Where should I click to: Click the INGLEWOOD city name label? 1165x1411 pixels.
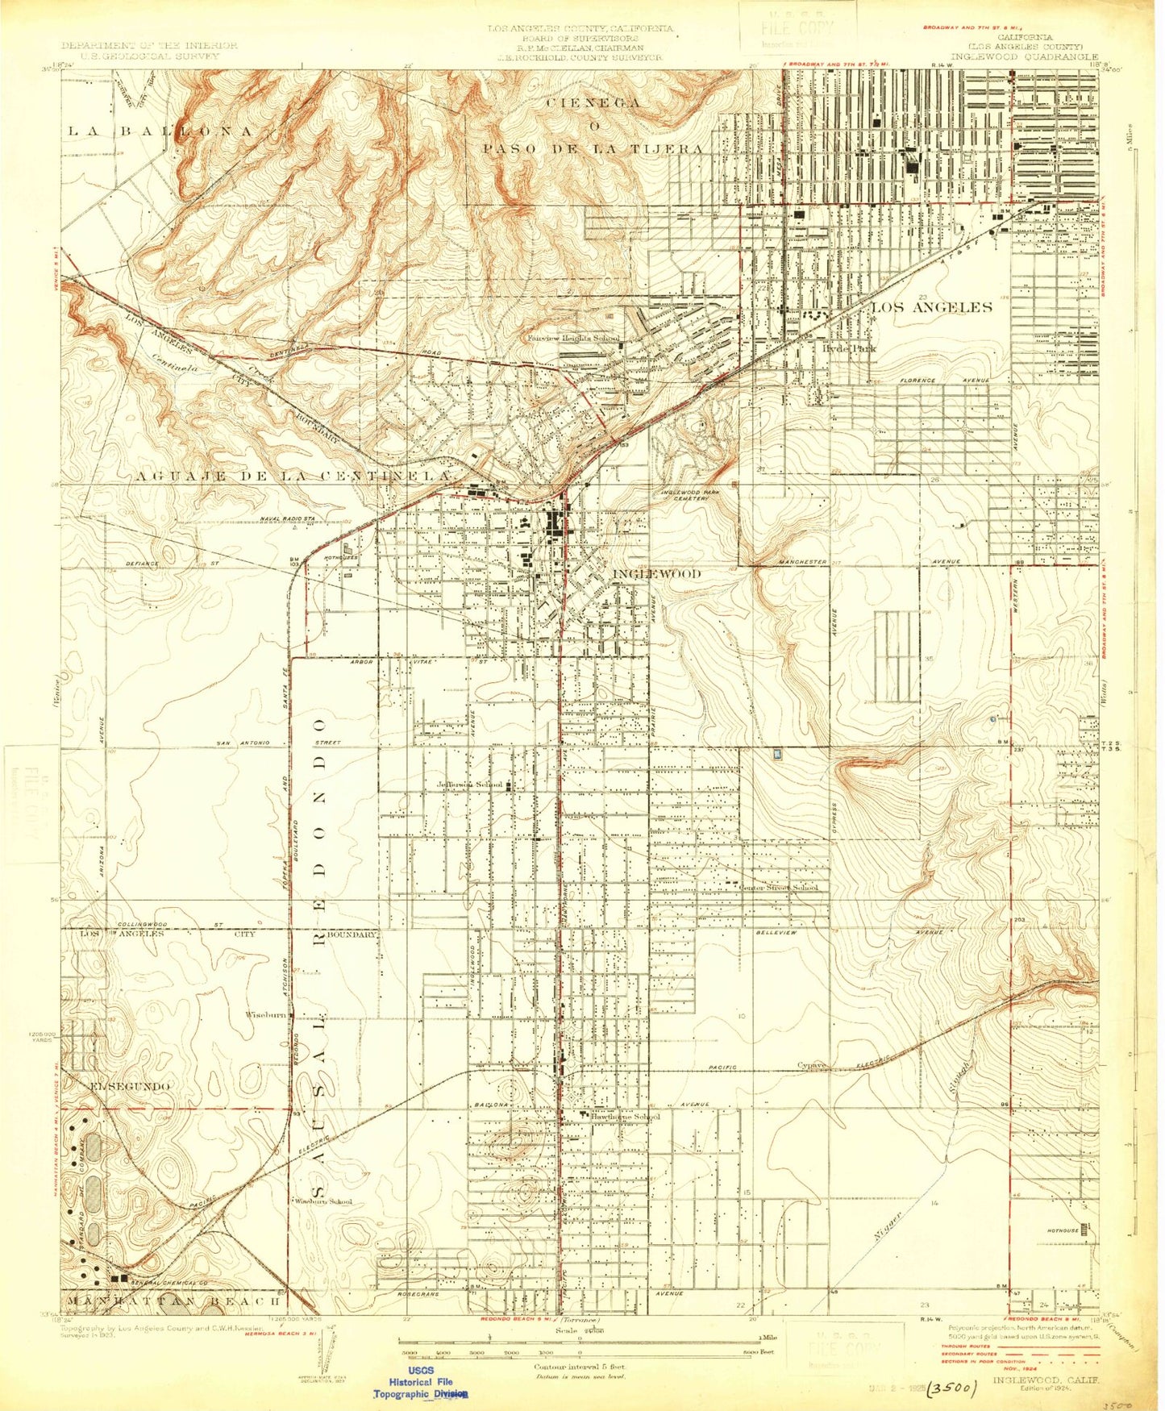point(657,573)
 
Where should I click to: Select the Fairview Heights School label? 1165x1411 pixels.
point(573,338)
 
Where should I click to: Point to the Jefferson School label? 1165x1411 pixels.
point(470,785)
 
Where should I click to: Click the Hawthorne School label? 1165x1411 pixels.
point(625,1117)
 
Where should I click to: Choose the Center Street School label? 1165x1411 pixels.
point(779,887)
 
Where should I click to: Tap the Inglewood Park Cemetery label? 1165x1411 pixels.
point(684,494)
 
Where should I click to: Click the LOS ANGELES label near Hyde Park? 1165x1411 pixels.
point(931,307)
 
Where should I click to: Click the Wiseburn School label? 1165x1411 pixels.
point(323,1201)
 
